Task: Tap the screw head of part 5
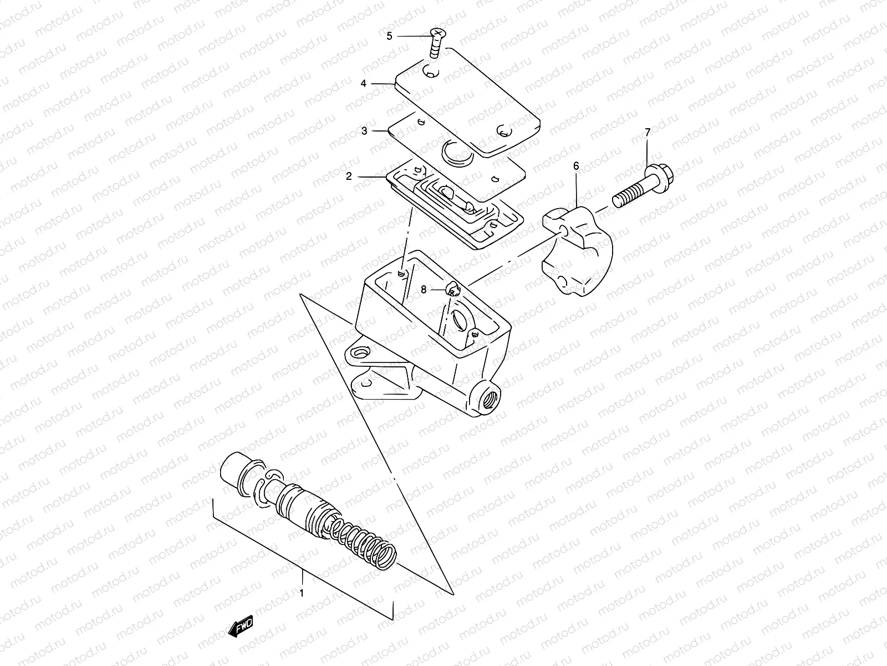coord(438,35)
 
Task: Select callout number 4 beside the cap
coord(364,83)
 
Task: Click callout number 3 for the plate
coord(364,131)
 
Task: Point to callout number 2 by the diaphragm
coord(349,176)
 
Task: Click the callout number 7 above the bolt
coord(648,132)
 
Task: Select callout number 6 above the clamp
coord(576,166)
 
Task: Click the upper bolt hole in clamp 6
coord(564,230)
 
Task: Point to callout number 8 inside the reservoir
coord(424,289)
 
